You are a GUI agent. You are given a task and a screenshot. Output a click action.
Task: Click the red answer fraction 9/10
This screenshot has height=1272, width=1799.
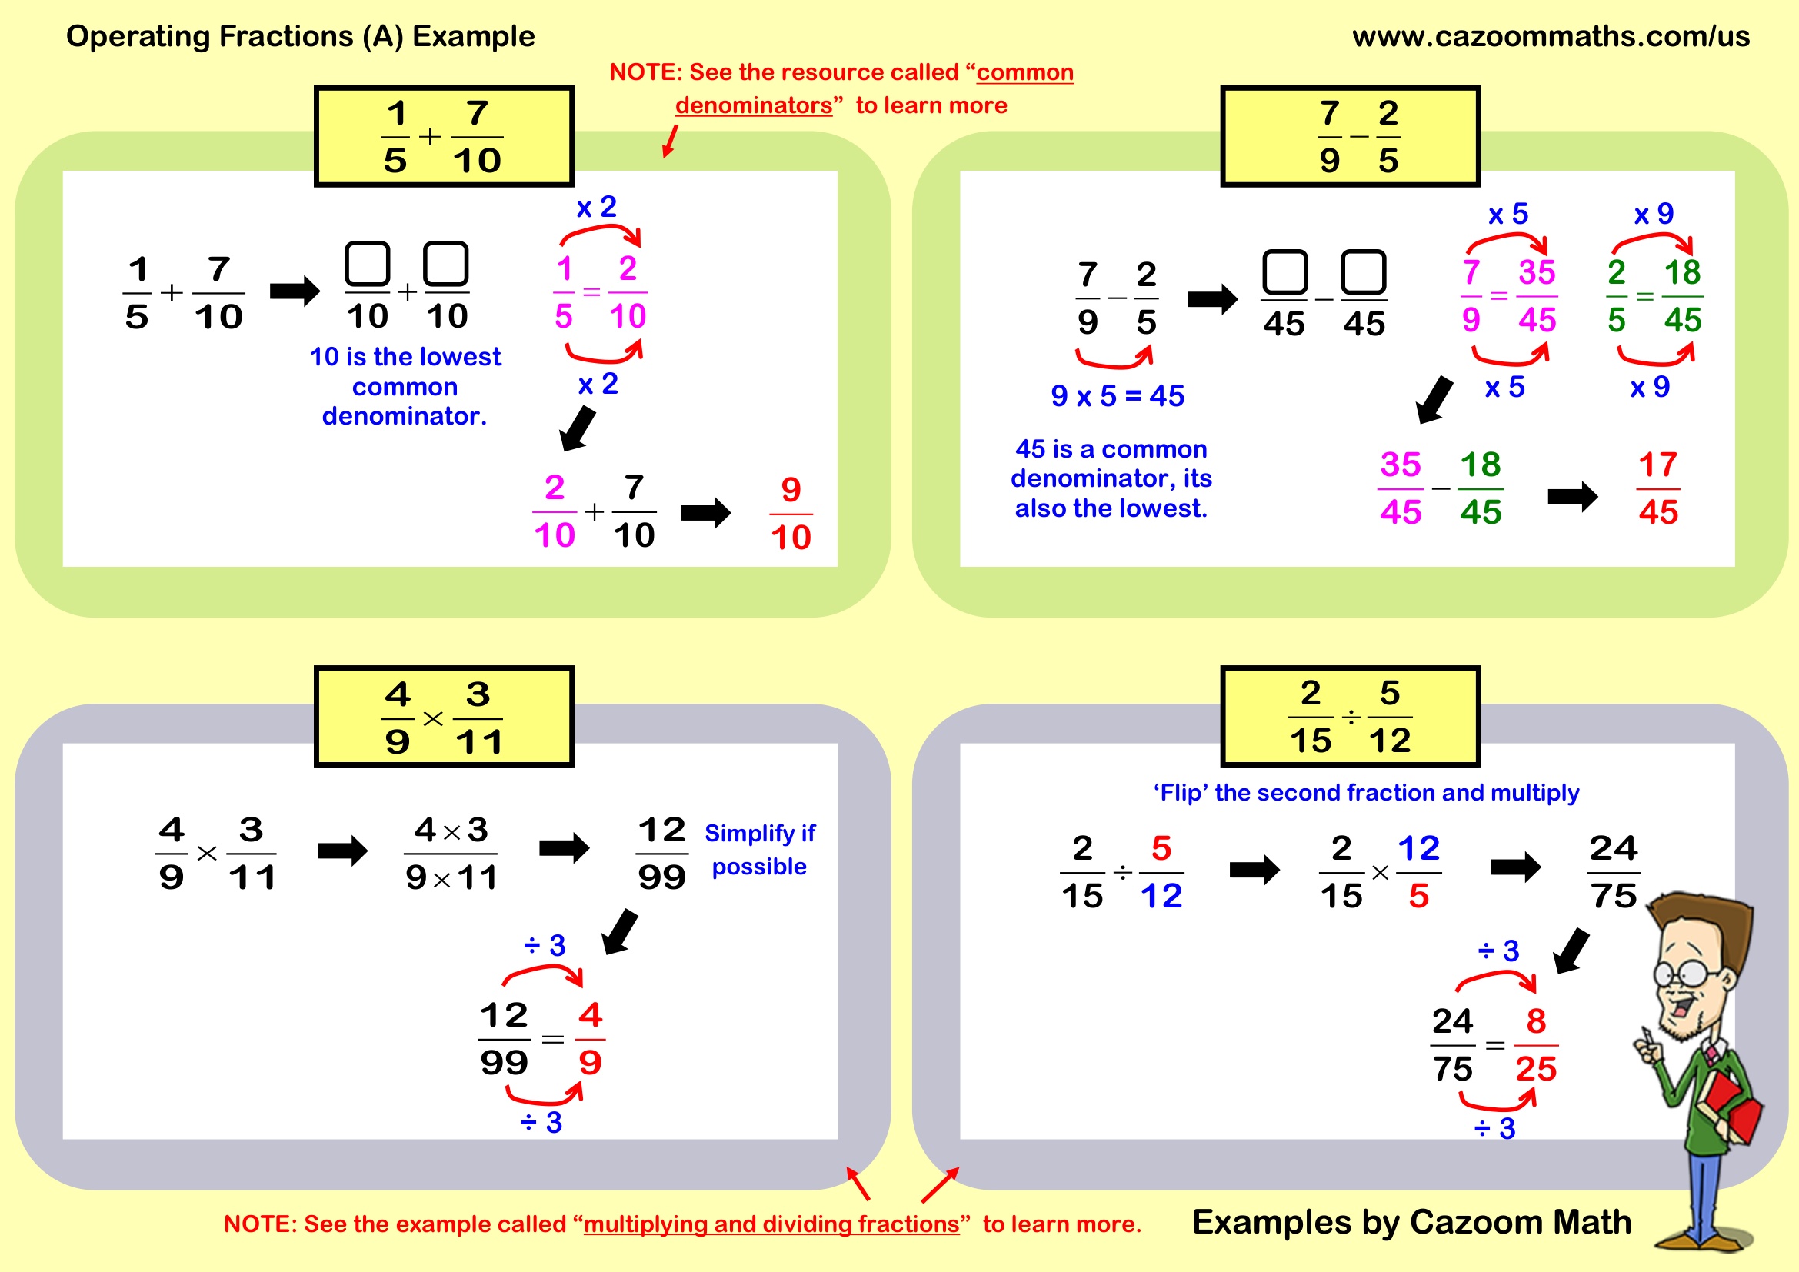[791, 514]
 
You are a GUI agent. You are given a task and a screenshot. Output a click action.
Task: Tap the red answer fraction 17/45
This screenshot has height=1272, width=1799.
[1657, 489]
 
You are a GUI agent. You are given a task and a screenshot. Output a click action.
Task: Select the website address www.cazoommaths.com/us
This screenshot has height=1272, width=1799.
[1551, 36]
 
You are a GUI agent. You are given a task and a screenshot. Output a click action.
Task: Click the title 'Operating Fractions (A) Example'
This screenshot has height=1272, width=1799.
[300, 36]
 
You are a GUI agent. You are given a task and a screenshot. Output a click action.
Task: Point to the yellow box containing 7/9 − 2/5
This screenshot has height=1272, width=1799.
[1349, 136]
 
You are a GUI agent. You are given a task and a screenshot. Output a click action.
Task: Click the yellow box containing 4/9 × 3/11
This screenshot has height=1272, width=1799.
[444, 717]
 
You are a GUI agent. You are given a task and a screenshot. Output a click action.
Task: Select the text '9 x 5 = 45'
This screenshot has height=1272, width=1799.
[1118, 396]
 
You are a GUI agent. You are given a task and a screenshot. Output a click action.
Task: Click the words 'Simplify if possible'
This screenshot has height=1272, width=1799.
[759, 850]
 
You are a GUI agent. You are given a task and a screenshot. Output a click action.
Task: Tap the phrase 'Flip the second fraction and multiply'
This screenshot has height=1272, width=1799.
[1366, 793]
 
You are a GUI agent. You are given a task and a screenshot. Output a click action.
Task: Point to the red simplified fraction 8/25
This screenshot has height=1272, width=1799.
[1535, 1046]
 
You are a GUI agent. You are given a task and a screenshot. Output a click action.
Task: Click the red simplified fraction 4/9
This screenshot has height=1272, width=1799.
[590, 1040]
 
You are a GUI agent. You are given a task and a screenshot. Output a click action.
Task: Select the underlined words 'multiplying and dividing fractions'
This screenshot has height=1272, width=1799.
[771, 1224]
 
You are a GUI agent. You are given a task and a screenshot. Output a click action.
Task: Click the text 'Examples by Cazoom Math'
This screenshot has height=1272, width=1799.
[1411, 1222]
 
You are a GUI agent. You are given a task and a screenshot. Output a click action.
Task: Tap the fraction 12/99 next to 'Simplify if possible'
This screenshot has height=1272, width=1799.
[662, 854]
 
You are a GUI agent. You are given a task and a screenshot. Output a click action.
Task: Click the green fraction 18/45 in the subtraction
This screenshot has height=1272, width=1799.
[1480, 489]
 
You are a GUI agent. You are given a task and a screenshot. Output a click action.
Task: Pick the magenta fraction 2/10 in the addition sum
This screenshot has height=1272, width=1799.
[554, 512]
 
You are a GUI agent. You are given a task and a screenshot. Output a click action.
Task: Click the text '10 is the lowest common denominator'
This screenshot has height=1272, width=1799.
[405, 386]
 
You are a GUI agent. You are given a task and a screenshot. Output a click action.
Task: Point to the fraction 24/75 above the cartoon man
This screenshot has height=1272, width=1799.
[1614, 872]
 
